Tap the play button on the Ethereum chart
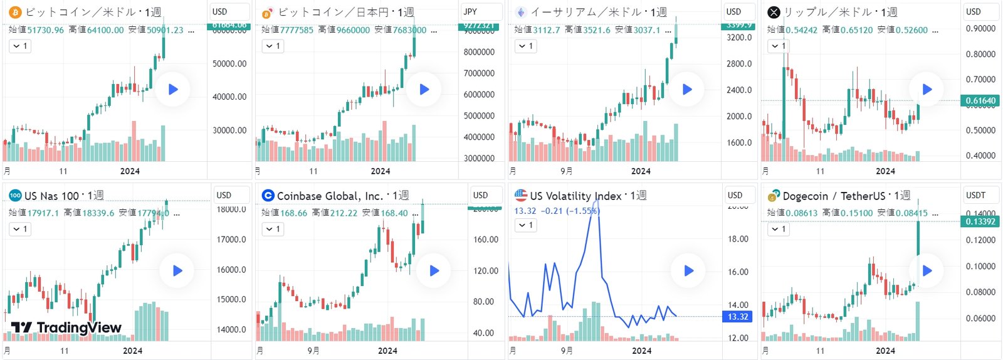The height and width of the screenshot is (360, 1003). (x=687, y=89)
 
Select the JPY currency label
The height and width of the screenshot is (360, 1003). (x=471, y=11)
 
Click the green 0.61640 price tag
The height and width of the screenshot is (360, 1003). (x=980, y=100)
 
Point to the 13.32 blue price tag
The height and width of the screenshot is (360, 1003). (x=738, y=317)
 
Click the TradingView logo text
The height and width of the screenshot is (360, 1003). (x=66, y=327)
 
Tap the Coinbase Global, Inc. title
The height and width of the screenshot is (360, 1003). (x=330, y=196)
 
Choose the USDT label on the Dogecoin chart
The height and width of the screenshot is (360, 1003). (x=975, y=195)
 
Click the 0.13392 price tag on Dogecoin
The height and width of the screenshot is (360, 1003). (x=980, y=221)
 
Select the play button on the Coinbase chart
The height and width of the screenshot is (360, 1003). (x=434, y=271)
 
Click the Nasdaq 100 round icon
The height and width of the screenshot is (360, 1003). (x=15, y=196)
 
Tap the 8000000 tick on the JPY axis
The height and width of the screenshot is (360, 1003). (x=479, y=52)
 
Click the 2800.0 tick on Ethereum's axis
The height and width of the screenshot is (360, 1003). (x=739, y=63)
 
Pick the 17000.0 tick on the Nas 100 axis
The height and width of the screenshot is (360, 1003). (x=231, y=239)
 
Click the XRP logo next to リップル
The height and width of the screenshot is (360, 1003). (x=774, y=12)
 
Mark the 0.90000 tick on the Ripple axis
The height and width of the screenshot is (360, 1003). (x=980, y=28)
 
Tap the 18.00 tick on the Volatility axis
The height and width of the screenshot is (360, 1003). (x=738, y=239)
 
